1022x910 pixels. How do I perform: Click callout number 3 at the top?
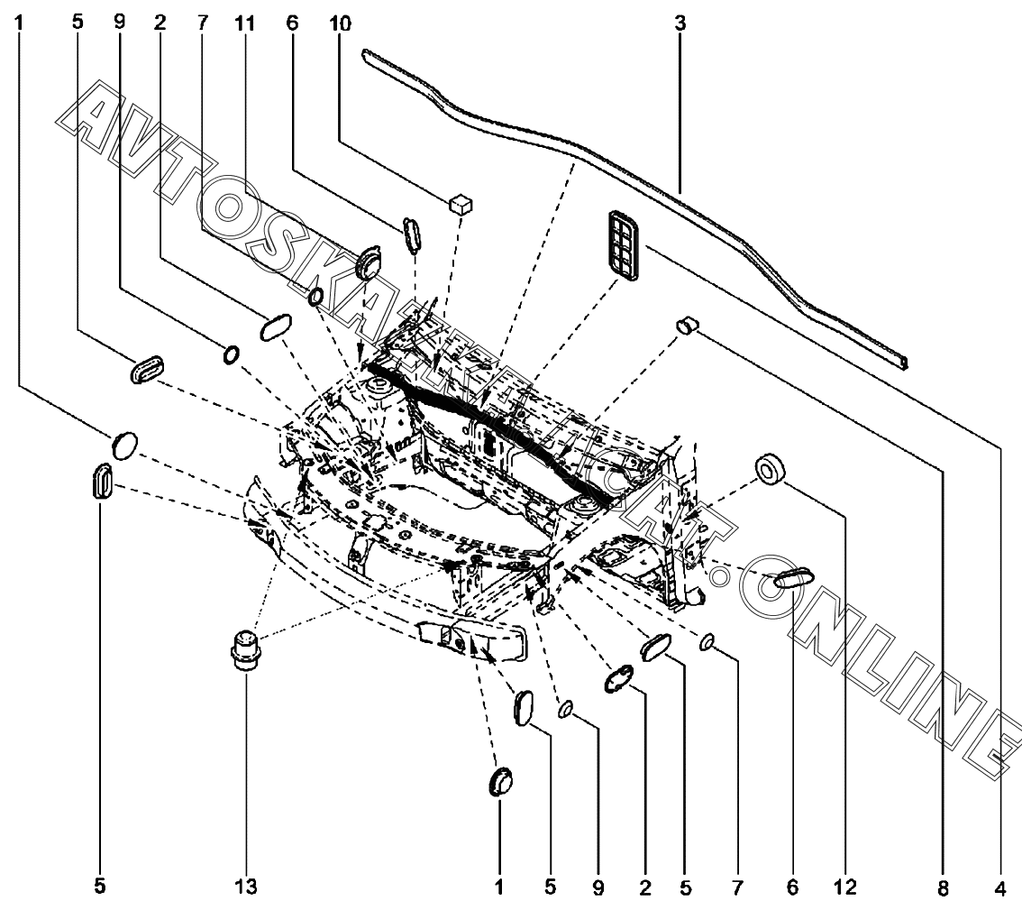680,24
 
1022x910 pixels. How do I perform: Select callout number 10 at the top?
341,24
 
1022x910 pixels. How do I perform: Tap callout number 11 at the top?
245,24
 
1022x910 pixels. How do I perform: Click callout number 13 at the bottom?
246,887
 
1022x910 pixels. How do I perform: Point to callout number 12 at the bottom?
846,887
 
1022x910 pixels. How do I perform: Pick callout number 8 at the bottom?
943,887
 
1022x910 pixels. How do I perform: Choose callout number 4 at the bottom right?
1000,887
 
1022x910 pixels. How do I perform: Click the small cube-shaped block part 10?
461,204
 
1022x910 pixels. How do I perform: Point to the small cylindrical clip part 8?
687,324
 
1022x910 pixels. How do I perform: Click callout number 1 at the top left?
18,24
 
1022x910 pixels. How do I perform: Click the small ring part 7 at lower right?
707,642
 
